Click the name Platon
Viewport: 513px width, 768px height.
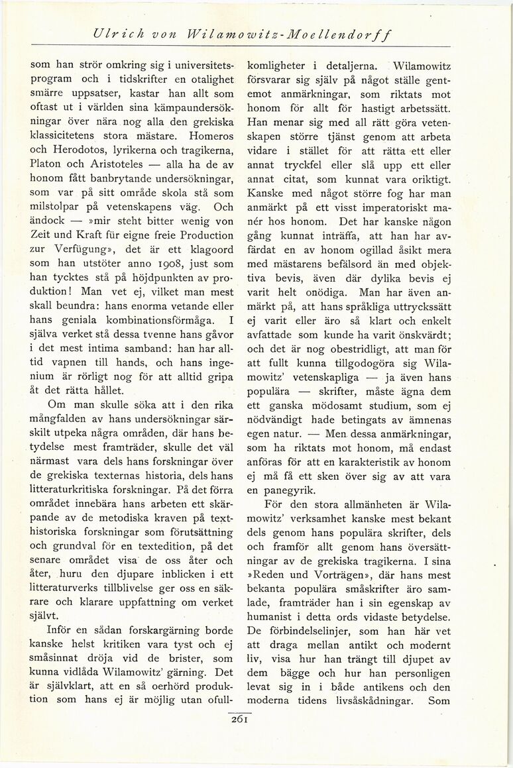tap(48, 179)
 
